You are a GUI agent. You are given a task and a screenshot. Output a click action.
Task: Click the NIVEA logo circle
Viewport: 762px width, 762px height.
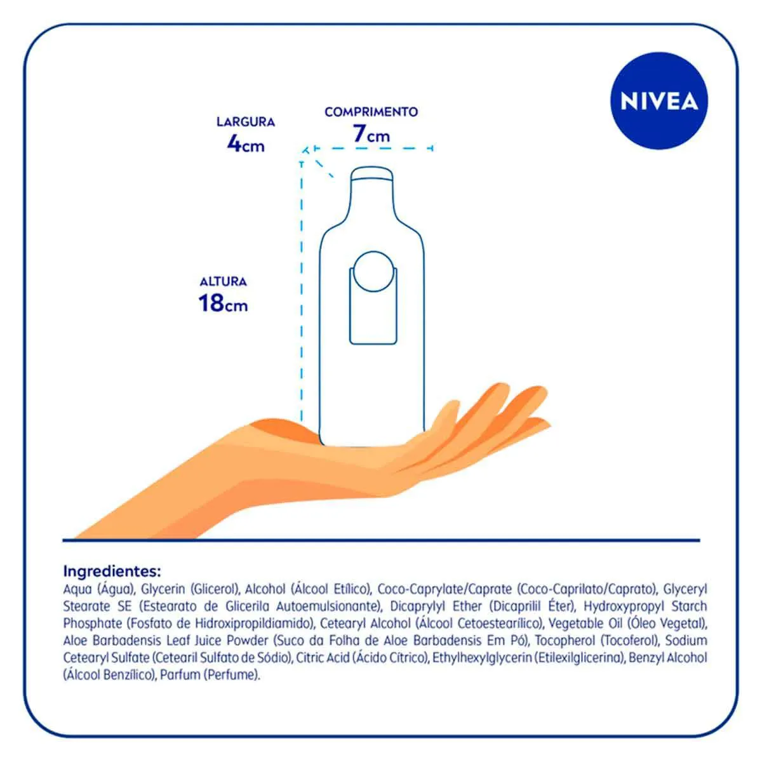pyautogui.click(x=658, y=101)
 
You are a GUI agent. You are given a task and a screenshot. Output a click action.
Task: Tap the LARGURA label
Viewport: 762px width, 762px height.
pyautogui.click(x=246, y=122)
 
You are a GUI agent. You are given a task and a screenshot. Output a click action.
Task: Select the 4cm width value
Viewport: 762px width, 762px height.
pyautogui.click(x=246, y=144)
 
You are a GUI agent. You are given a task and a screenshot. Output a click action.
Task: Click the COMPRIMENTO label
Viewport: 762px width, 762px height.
pyautogui.click(x=371, y=112)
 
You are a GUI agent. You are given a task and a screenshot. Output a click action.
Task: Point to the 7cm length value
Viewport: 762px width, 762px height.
pyautogui.click(x=371, y=134)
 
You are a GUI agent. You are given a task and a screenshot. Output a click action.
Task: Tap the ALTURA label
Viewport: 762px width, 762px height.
pyautogui.click(x=223, y=282)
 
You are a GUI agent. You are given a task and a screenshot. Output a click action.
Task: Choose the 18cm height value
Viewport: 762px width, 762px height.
pyautogui.click(x=223, y=304)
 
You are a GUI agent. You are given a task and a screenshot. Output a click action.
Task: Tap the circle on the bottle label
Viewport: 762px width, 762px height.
pyautogui.click(x=373, y=271)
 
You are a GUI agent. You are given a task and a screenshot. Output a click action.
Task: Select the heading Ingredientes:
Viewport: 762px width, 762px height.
pyautogui.click(x=112, y=571)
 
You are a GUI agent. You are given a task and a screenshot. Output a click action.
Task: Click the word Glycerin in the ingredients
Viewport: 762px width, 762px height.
pyautogui.click(x=163, y=589)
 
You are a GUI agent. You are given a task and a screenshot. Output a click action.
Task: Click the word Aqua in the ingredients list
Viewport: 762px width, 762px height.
pyautogui.click(x=77, y=589)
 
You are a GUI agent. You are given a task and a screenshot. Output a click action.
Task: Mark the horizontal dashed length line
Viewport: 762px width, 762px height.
pyautogui.click(x=373, y=149)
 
